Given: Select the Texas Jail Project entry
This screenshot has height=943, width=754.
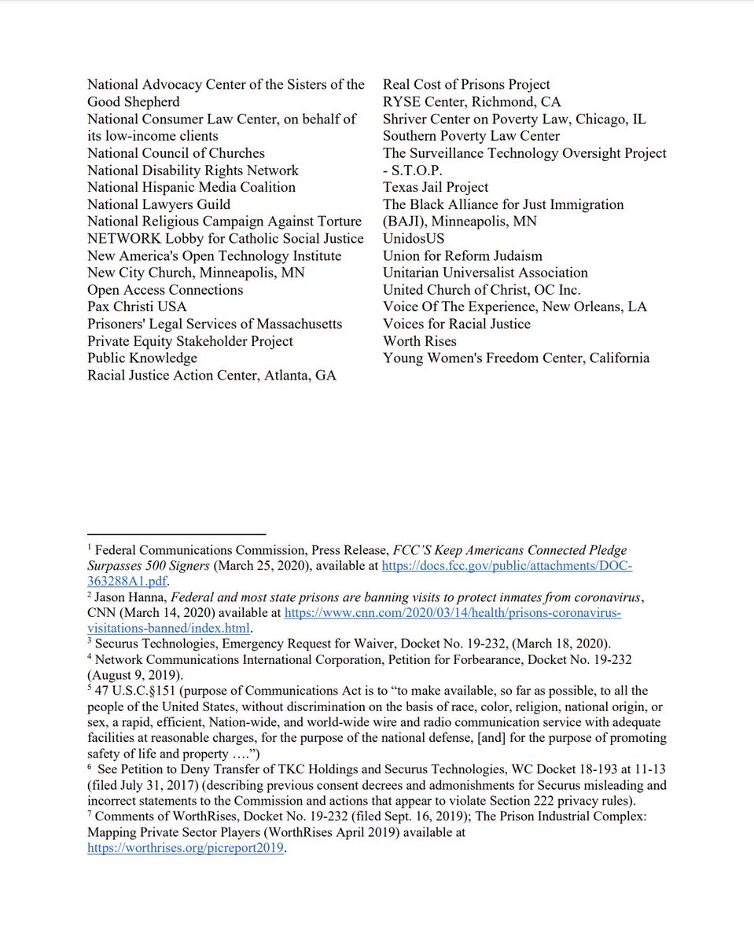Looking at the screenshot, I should [x=436, y=187].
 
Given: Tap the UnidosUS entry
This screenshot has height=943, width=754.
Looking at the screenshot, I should [x=414, y=239].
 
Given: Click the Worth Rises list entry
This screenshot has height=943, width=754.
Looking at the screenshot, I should [x=419, y=341].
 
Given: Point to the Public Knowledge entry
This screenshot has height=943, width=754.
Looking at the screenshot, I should [x=142, y=358].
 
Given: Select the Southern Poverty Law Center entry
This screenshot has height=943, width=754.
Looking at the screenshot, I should [x=471, y=136].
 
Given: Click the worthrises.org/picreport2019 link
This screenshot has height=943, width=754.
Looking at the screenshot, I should [x=185, y=849].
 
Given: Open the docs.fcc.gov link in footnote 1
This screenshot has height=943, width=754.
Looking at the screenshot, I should [x=507, y=567].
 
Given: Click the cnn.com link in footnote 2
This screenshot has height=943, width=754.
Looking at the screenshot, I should [x=452, y=612].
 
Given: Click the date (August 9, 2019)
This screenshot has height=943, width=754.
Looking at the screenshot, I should [x=131, y=675].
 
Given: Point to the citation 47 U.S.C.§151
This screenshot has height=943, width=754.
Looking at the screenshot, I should [x=138, y=691].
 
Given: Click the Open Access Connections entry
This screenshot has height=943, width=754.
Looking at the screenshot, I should [x=165, y=290].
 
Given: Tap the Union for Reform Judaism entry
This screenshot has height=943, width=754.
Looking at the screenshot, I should [x=462, y=256].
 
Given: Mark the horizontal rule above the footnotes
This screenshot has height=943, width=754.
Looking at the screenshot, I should [x=176, y=534].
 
